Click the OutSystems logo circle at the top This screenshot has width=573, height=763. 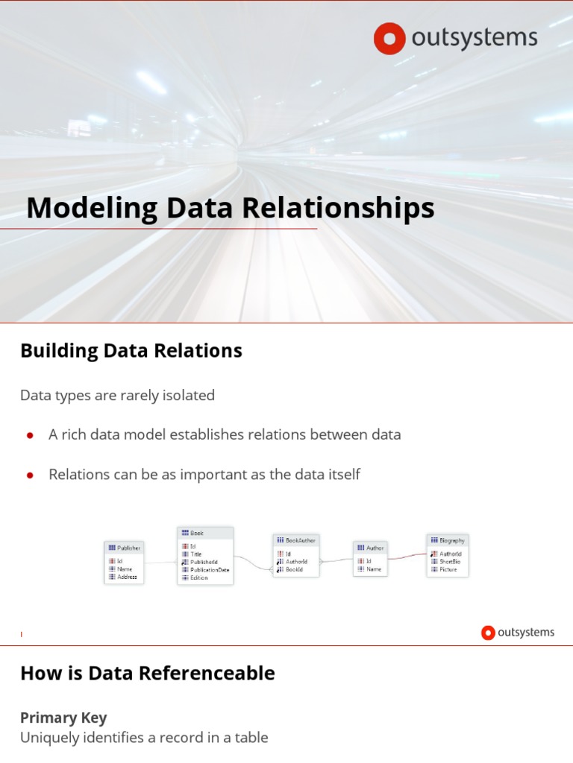pos(389,39)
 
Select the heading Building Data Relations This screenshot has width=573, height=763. pos(131,350)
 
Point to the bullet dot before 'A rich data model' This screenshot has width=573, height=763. pos(31,435)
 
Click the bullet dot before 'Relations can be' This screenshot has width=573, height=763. pos(31,475)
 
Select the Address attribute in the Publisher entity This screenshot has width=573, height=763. pos(127,577)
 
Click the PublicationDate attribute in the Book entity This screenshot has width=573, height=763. pos(210,570)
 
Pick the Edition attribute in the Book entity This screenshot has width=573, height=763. pos(199,577)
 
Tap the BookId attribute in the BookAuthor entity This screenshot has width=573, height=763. pos(294,569)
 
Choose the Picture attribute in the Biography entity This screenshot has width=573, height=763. pos(448,569)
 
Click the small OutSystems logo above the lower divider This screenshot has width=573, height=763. pos(518,633)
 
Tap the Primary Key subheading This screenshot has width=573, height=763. pos(63,718)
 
